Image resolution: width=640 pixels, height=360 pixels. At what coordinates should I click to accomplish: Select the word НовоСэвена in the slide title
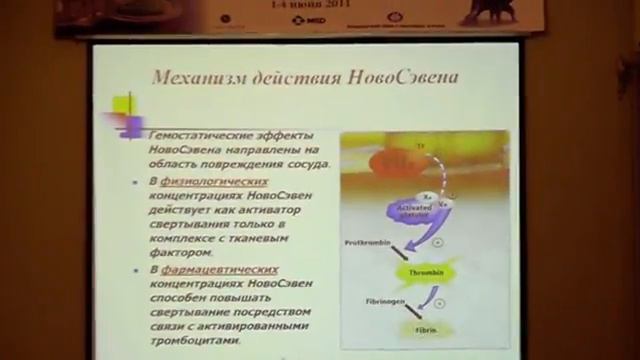click(x=399, y=75)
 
